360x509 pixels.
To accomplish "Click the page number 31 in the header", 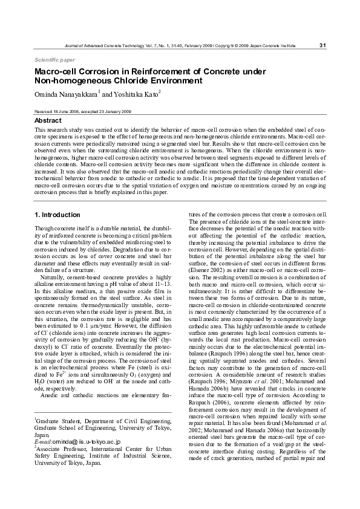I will pos(322,45).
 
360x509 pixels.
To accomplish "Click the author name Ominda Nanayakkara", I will pos(66,94).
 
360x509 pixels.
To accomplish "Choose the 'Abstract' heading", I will pos(48,120).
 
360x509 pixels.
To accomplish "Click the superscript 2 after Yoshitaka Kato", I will pos(159,92).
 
